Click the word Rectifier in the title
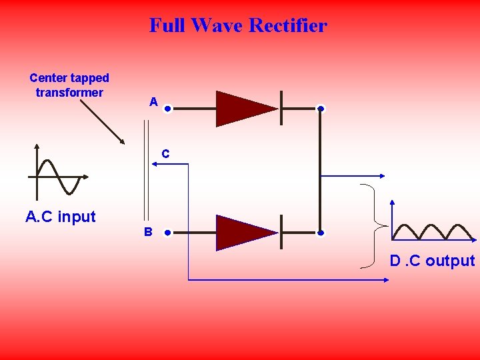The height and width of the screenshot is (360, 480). click(x=287, y=25)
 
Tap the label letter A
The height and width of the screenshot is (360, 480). click(x=153, y=102)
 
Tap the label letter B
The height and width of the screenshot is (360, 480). click(x=148, y=232)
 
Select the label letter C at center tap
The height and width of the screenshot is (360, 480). click(x=165, y=154)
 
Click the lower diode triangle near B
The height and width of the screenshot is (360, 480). click(x=241, y=233)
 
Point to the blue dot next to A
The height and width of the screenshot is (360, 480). click(x=168, y=109)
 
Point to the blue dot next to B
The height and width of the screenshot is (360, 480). click(x=168, y=233)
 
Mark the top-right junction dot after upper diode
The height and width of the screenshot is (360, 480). click(x=321, y=109)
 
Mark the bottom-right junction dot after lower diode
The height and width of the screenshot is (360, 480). click(x=321, y=233)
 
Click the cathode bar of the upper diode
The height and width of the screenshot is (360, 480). click(x=281, y=109)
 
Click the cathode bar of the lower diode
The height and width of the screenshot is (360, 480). click(x=281, y=233)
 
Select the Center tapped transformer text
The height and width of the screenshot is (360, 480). click(x=69, y=85)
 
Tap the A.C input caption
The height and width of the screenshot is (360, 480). click(x=60, y=217)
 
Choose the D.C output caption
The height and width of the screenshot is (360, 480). click(x=432, y=261)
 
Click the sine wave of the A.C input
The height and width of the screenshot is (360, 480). click(x=59, y=177)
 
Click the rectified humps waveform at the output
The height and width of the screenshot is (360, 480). click(x=433, y=231)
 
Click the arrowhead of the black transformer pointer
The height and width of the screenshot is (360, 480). click(x=122, y=141)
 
